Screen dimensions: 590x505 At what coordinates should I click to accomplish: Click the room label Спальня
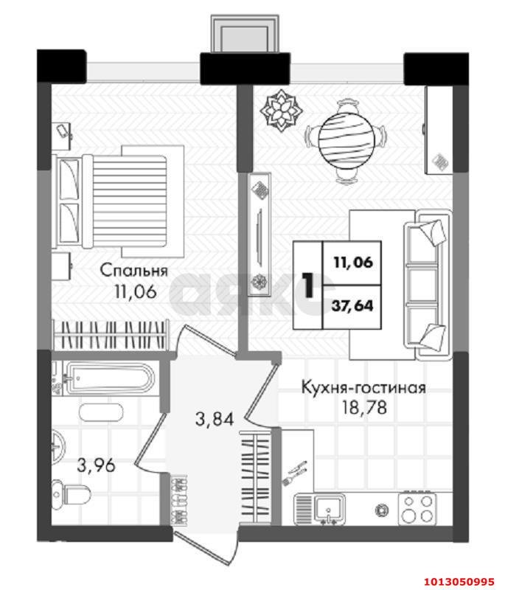(x=134, y=270)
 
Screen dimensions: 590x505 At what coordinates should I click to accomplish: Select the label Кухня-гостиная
(x=363, y=387)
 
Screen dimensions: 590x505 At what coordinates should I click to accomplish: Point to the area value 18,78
(x=363, y=406)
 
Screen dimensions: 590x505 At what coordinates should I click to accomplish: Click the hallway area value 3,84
(x=214, y=420)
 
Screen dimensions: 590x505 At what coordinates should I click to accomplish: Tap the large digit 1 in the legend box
(x=307, y=284)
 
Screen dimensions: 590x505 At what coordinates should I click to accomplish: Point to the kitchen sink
(x=324, y=507)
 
